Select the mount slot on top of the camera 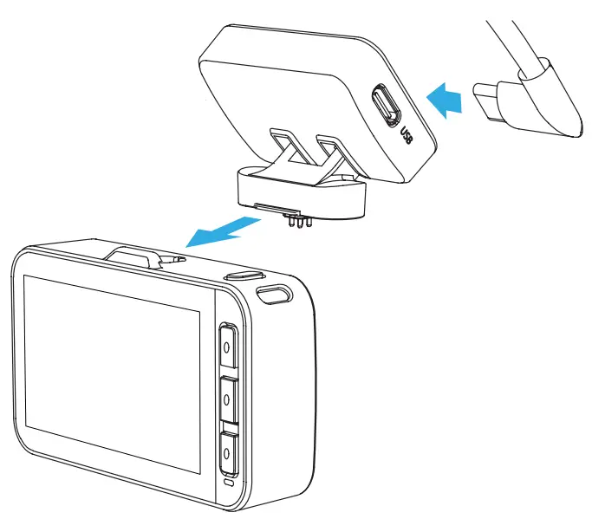pyautogui.click(x=139, y=255)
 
